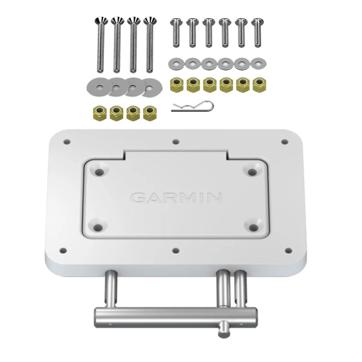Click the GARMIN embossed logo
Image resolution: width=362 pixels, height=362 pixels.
pos(176,198)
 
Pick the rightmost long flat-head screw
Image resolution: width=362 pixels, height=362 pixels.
pos(150,44)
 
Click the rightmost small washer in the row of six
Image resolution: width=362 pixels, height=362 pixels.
pos(258,64)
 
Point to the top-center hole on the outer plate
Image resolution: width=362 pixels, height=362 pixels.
pos(176,141)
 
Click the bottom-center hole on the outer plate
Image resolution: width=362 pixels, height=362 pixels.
pos(175,250)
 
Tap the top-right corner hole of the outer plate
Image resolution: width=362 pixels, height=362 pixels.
pos(284,141)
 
